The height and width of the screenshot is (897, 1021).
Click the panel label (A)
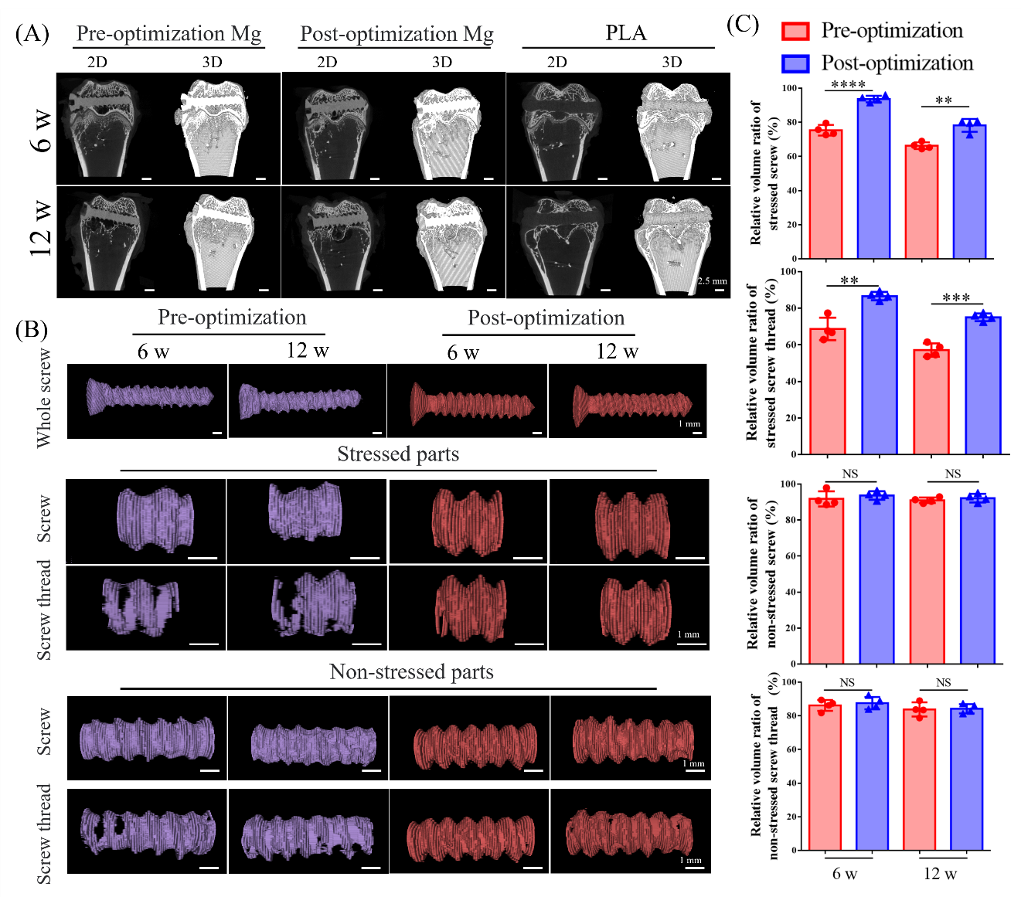(x=32, y=34)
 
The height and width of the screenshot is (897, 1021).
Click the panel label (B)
(x=32, y=330)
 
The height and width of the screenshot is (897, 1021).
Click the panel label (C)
(x=743, y=24)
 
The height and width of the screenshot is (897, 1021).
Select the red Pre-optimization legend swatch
(x=795, y=31)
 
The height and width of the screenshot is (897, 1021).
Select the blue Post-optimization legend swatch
(x=795, y=63)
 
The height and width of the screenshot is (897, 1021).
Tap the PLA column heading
(x=625, y=33)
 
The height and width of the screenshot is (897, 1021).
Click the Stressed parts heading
(x=398, y=454)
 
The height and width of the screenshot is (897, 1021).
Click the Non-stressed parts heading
(x=411, y=672)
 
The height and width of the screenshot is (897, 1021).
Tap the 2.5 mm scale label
(x=713, y=281)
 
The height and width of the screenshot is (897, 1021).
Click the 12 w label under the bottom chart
(x=941, y=875)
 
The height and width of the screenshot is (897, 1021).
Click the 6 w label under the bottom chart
(x=845, y=875)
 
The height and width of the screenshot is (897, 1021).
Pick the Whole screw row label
(x=44, y=399)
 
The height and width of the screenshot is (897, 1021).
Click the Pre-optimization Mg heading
(x=168, y=34)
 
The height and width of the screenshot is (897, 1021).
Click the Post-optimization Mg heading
(x=396, y=35)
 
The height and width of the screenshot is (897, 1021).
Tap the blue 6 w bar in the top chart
(x=873, y=178)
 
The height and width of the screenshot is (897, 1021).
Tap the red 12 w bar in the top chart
(x=922, y=201)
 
